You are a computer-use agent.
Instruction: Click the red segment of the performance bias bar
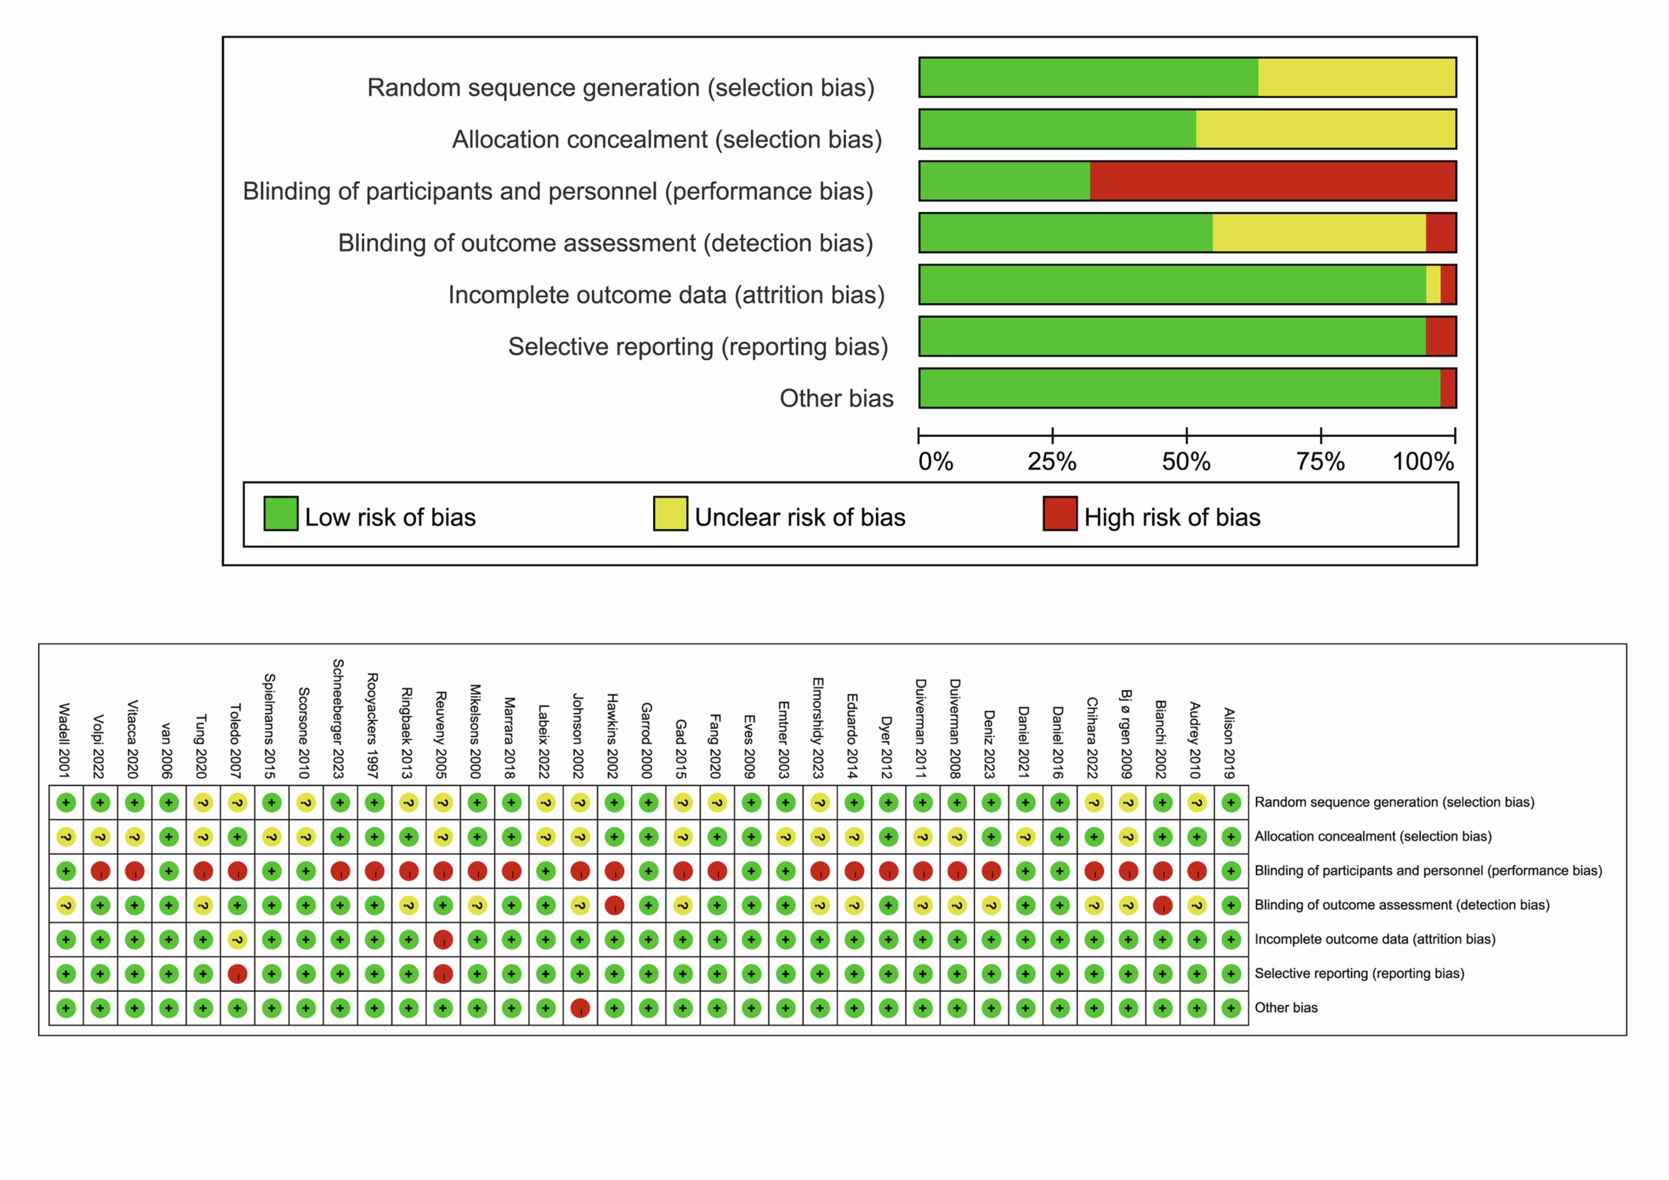[x=1273, y=181]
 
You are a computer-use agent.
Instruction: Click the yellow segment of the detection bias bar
[x=1319, y=233]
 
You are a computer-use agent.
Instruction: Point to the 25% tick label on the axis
[x=1052, y=462]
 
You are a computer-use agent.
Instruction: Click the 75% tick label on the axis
[x=1321, y=462]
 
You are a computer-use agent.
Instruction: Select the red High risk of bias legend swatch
[x=1060, y=514]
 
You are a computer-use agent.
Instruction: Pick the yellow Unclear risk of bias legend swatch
[x=670, y=514]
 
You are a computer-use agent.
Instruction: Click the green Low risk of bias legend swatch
[x=281, y=514]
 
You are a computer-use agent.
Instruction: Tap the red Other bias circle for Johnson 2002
[x=580, y=1008]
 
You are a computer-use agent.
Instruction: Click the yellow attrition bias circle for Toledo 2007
[x=238, y=940]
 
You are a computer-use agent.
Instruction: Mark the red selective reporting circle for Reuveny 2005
[x=442, y=974]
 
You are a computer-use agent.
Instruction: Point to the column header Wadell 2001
[x=65, y=741]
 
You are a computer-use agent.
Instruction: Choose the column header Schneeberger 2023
[x=339, y=719]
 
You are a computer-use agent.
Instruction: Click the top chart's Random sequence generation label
[x=621, y=88]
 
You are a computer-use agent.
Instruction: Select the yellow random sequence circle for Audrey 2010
[x=1197, y=803]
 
